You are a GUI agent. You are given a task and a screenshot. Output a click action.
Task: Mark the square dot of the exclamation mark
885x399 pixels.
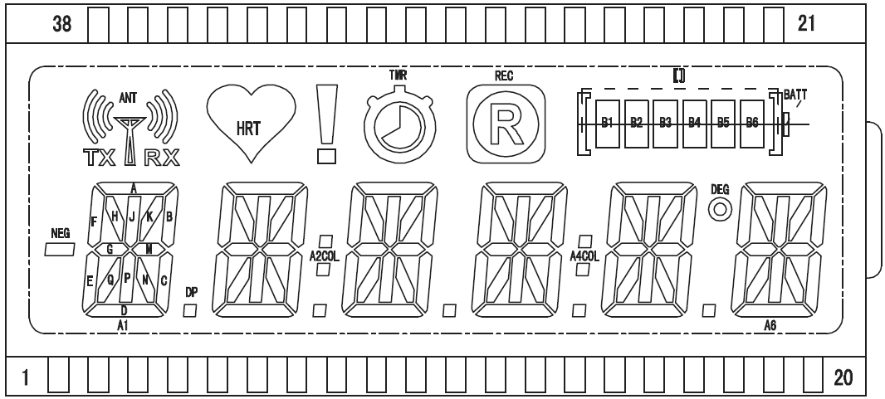[x=328, y=156]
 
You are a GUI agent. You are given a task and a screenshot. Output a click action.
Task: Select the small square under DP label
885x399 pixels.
[x=190, y=311]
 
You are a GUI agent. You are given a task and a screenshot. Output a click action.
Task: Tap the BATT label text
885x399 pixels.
[x=795, y=94]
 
